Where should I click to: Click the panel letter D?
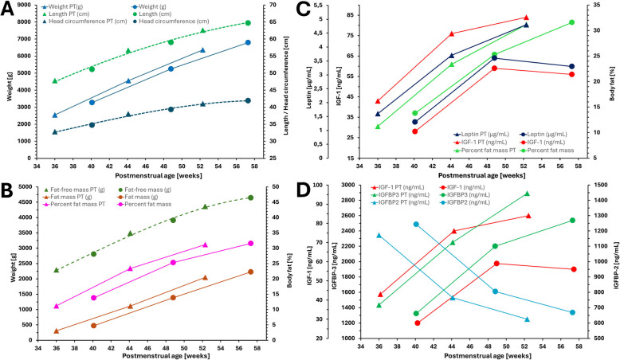[x=324, y=194]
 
